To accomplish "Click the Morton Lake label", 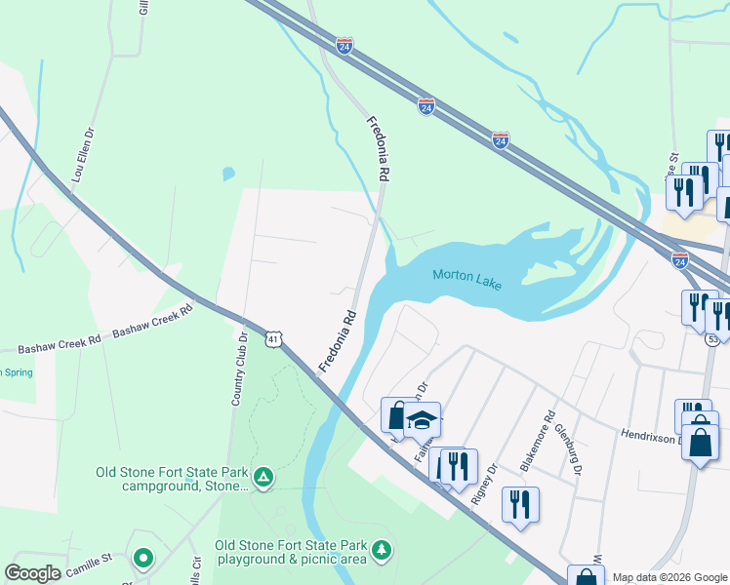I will click(x=466, y=280).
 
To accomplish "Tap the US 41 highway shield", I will click(x=274, y=337).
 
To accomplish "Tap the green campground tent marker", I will click(x=263, y=477).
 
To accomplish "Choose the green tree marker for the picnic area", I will click(x=384, y=551).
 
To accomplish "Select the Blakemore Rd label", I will click(x=537, y=440).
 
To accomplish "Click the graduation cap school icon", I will click(x=422, y=420).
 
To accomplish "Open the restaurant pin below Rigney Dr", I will click(x=519, y=504).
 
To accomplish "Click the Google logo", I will click(x=32, y=573).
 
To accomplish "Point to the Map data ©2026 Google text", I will click(x=669, y=577).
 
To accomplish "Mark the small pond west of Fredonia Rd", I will click(x=228, y=175).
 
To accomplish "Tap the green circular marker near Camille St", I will click(x=143, y=559).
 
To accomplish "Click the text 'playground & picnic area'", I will click(x=291, y=560).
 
